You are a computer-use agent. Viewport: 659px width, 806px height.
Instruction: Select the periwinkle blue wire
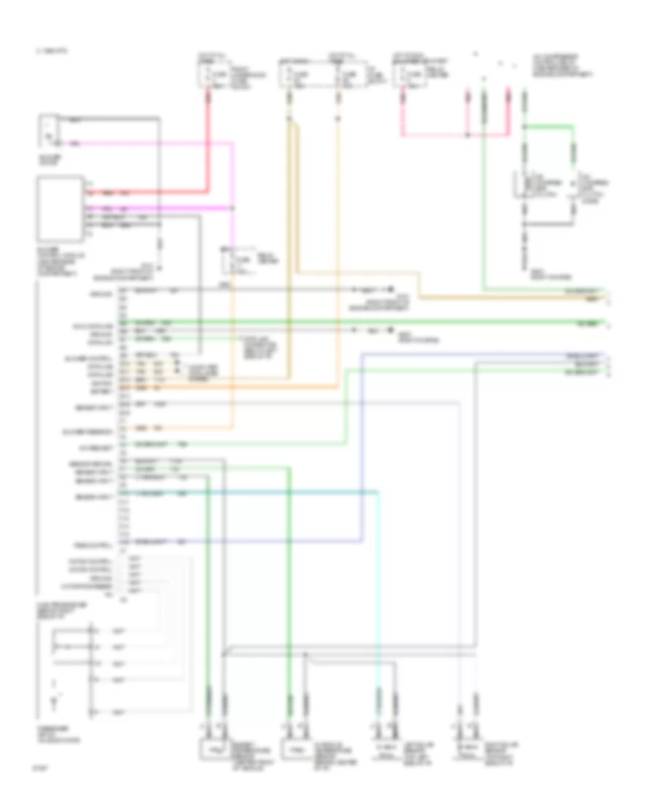(x=362, y=454)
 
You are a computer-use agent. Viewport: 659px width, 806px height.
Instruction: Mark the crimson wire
(x=454, y=136)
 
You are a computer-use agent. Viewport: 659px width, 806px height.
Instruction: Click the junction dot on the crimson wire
(x=469, y=136)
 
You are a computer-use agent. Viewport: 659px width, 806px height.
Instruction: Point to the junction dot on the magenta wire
(x=233, y=209)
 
